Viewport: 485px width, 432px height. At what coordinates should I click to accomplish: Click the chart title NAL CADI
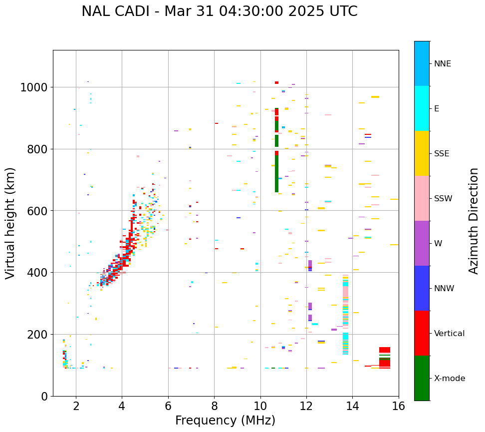click(220, 11)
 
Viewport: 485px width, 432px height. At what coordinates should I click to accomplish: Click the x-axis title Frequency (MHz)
click(225, 421)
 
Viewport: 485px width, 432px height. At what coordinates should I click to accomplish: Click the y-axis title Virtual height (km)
click(11, 223)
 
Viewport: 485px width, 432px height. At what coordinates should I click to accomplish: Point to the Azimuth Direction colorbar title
click(474, 221)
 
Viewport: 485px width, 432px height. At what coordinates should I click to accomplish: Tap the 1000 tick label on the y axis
click(33, 88)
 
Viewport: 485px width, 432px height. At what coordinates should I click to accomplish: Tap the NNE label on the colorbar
click(442, 64)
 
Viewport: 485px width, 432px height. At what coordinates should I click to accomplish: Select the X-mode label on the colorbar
click(449, 379)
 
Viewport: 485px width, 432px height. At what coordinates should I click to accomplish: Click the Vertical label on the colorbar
click(449, 334)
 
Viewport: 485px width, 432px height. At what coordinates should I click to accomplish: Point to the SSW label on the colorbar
click(443, 199)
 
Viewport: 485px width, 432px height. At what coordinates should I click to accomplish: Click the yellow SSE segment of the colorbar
click(422, 153)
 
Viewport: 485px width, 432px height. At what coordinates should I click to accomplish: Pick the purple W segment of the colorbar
click(422, 243)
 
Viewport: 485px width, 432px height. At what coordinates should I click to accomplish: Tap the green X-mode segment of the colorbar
click(422, 378)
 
